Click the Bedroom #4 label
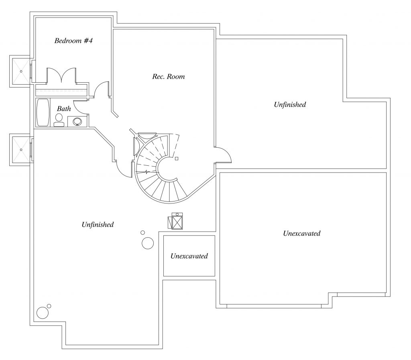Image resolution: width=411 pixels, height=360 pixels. coord(74,41)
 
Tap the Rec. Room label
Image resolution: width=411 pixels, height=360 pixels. coord(168,76)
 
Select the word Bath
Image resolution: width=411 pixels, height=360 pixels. coord(64,108)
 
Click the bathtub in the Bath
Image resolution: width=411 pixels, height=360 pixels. coord(42,112)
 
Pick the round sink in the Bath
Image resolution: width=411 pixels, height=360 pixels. coord(77,122)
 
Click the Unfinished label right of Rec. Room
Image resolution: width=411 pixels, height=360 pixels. coord(290,105)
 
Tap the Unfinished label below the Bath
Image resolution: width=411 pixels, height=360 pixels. coord(98,225)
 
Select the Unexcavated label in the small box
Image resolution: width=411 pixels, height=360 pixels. coord(189,256)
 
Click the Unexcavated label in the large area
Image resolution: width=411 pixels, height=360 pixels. coord(301,233)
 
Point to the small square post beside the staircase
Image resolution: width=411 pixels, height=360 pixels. coord(177,159)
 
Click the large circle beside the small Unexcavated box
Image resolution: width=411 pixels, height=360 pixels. coord(148,243)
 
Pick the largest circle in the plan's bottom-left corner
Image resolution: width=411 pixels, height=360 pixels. coord(42,313)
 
